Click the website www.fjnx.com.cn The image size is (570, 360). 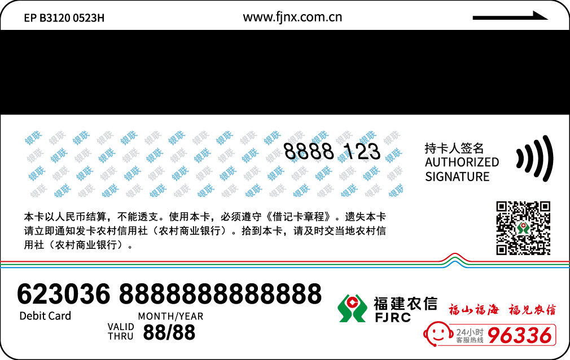pos(292,17)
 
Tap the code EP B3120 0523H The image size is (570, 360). pos(64,18)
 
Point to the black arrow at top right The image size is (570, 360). pos(510,16)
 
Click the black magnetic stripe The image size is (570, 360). pos(285,72)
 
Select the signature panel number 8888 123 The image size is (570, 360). pos(331,151)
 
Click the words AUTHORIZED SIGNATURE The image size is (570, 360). pos(462,169)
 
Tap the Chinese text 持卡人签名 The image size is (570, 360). pos(454,148)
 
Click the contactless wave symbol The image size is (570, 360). pos(534,158)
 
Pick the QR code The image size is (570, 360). pos(523,228)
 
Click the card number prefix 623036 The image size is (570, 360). pos(64,294)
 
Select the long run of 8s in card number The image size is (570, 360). pos(220,294)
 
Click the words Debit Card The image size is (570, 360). pos(45,316)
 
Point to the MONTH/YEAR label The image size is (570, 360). pos(170,317)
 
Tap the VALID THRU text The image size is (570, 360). pos(121,331)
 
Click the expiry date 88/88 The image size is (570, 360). pos(169,332)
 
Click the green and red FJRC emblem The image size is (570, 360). pos(352,308)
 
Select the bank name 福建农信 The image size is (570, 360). pos(405,304)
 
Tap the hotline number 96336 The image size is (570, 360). pos(519,336)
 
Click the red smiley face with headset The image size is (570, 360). pos(437,334)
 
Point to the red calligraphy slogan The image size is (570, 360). pos(502,309)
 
